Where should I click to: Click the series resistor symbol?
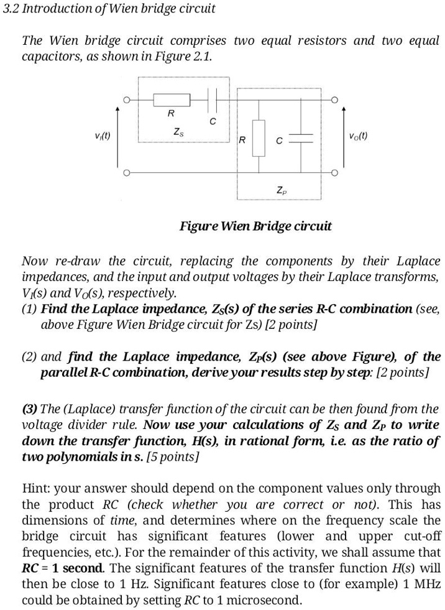(170, 99)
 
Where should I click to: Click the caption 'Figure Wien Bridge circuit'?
(255, 226)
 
